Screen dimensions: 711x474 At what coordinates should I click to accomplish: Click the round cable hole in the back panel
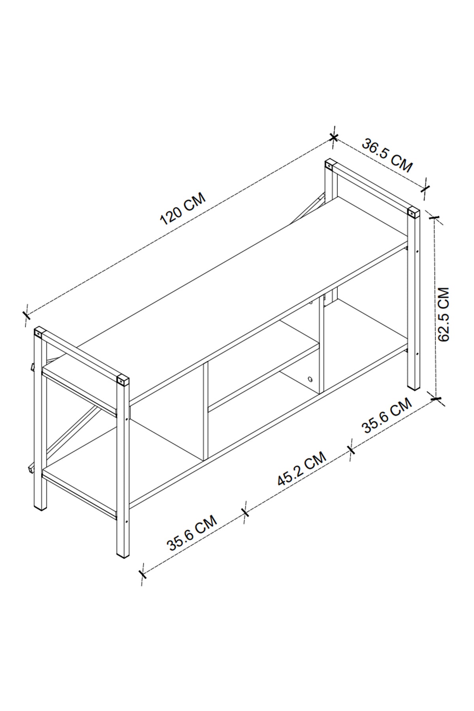(310, 380)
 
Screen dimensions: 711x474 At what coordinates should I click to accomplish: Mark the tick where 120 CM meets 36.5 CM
(333, 137)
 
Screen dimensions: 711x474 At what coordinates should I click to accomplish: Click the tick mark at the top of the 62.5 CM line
(434, 217)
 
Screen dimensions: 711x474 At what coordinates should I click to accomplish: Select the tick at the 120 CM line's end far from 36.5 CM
(26, 315)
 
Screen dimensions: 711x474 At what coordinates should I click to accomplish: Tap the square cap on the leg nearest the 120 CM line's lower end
(38, 333)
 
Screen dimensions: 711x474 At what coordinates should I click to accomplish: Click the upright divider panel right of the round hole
(321, 348)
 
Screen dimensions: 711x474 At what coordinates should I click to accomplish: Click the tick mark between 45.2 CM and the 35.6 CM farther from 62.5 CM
(245, 513)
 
